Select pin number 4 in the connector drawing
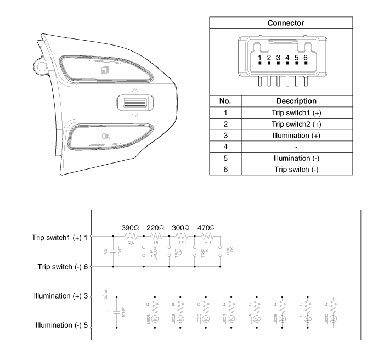pos(287,58)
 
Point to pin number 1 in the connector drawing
pos(259,58)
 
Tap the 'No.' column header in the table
pos(225,102)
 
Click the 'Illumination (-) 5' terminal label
pos(61,325)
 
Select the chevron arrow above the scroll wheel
pos(135,90)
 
